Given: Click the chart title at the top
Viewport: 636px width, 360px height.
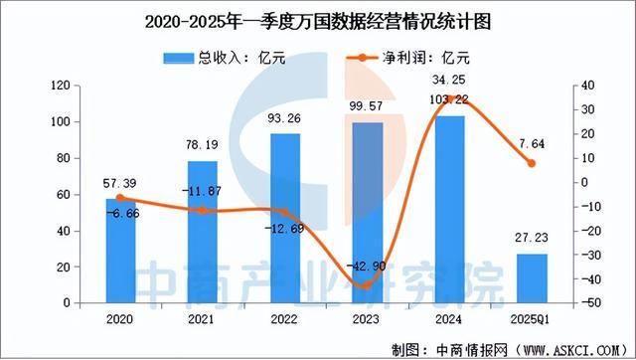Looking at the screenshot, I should click(x=318, y=19).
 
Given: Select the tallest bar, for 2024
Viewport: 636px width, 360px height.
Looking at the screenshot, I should click(x=449, y=209).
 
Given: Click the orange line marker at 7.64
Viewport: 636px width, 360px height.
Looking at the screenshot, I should click(x=531, y=163).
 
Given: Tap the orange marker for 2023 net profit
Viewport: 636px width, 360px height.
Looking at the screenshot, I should click(x=367, y=285).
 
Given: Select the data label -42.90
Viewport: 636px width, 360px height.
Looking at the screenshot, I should click(x=367, y=268).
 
